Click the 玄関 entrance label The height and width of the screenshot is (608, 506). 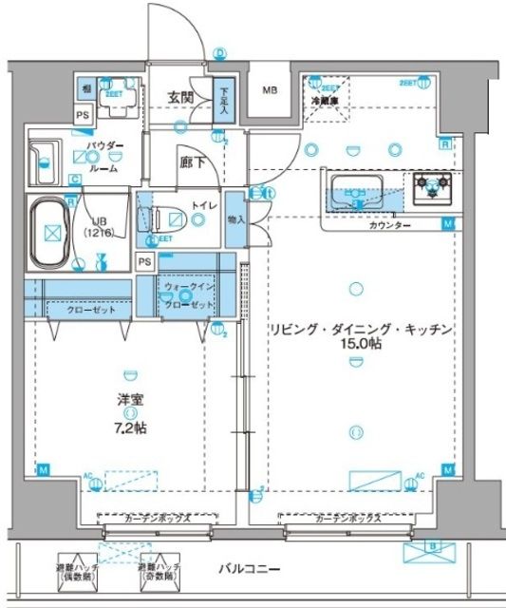click(182, 97)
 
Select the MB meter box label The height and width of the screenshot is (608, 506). click(270, 93)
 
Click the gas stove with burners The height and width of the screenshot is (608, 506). click(432, 187)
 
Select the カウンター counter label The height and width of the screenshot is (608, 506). click(390, 226)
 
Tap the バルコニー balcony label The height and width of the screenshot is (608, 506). click(250, 569)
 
